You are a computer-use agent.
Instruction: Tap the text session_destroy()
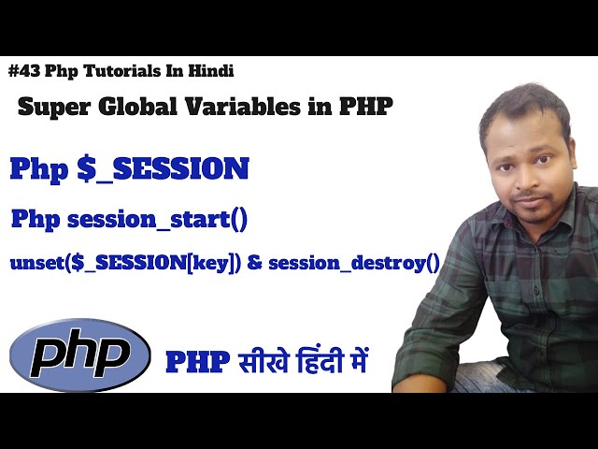click(354, 263)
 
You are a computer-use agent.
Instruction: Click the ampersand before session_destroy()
click(255, 263)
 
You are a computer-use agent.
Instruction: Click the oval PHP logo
click(80, 355)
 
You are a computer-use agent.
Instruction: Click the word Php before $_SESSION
click(37, 169)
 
